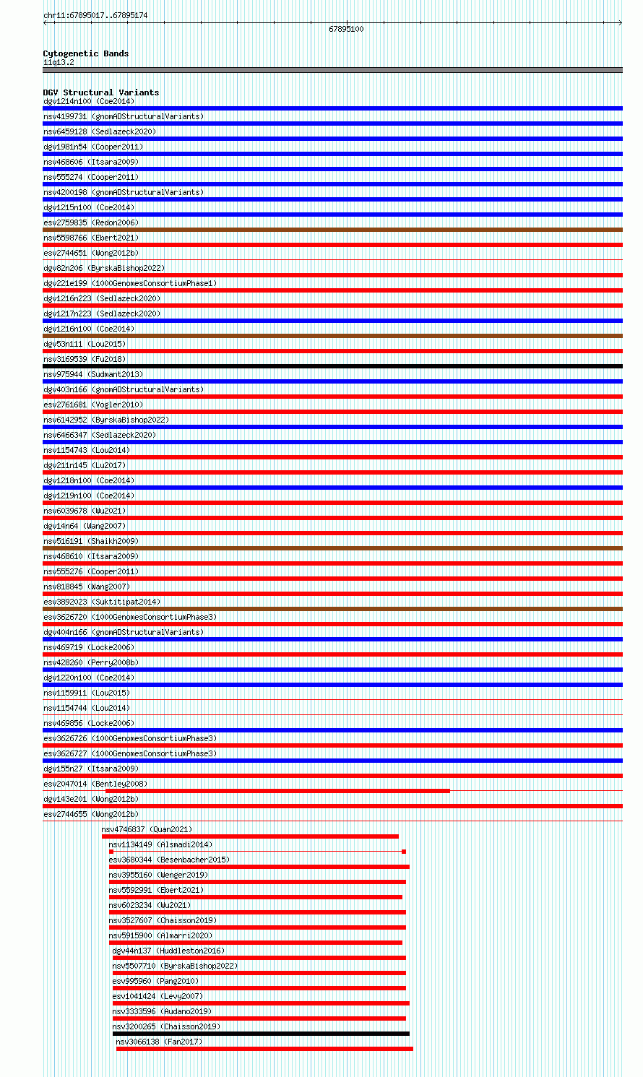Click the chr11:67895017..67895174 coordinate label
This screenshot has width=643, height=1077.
point(95,15)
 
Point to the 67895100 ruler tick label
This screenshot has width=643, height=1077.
point(346,30)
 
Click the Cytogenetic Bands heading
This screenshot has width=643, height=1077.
point(85,53)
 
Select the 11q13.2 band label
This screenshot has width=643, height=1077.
point(59,62)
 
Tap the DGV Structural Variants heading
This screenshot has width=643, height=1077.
point(100,92)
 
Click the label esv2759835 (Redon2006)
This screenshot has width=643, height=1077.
point(90,222)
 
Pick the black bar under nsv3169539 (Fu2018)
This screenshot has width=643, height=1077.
point(332,366)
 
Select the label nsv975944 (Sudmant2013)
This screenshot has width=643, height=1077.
point(92,374)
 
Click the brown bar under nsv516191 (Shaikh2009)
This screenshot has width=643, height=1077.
point(332,548)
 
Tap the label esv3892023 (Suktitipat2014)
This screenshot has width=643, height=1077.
point(102,602)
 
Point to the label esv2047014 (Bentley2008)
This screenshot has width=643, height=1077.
point(95,784)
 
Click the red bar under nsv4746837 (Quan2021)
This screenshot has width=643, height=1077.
point(250,836)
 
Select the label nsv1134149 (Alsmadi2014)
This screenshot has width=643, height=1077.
point(160,844)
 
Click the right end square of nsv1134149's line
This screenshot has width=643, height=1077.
point(404,852)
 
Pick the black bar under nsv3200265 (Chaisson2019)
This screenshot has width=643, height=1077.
point(261,1034)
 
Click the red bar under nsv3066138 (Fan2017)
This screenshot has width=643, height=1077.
point(264,1049)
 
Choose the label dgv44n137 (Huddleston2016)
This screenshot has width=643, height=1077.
point(168,951)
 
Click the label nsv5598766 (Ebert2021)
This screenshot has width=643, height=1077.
point(90,238)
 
